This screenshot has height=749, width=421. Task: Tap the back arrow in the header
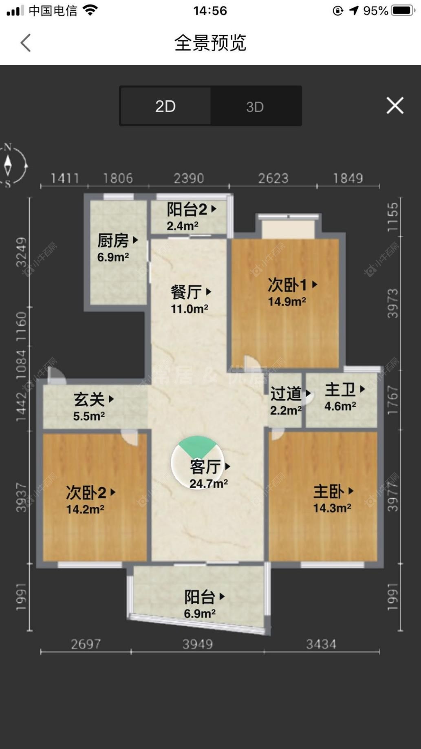[x=26, y=43]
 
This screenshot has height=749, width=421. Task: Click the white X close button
[x=395, y=106]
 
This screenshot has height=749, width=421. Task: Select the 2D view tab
[x=165, y=106]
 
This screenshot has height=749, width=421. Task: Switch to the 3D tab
[x=255, y=107]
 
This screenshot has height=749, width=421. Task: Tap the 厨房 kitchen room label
[x=117, y=247]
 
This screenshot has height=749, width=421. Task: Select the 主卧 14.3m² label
[x=332, y=499]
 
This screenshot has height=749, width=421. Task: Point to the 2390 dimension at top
[x=189, y=178]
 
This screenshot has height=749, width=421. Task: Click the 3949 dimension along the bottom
[x=197, y=644]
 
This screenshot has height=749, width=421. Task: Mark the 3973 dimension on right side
[x=392, y=303]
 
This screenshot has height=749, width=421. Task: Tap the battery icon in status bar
[x=403, y=11]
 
